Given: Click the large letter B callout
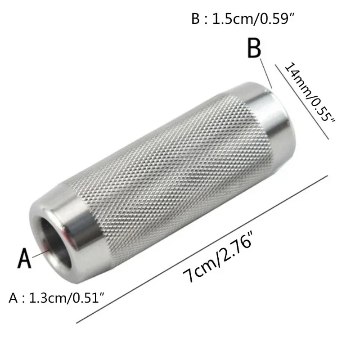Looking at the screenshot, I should [x=255, y=49].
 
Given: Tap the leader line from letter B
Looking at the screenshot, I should [x=267, y=74].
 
